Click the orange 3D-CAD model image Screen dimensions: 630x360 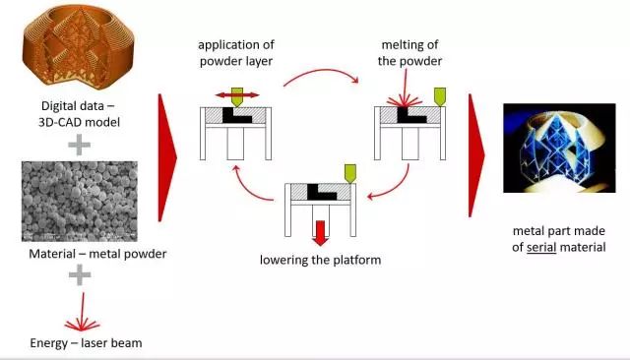[79, 46]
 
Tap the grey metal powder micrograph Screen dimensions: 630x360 [80, 201]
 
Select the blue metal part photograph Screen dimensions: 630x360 [559, 149]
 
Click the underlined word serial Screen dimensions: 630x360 [541, 247]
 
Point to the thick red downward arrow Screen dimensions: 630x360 [320, 233]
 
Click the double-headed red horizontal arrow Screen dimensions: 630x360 [237, 95]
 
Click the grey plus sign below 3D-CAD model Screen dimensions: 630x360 [79, 145]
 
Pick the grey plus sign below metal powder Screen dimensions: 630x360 [80, 274]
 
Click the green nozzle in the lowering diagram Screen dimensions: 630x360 [350, 174]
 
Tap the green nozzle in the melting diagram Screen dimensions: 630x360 [440, 97]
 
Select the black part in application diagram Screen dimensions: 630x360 [236, 115]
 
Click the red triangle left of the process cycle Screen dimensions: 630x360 [167, 157]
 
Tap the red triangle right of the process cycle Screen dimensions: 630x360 [476, 155]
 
